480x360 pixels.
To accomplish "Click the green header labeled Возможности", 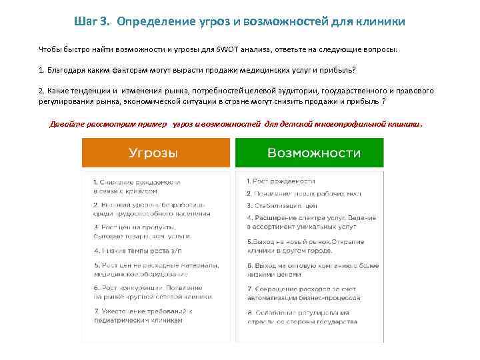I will point(314,153).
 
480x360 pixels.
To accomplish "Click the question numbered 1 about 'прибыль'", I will point(197,70).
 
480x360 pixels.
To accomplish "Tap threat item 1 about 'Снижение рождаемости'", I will point(136,186).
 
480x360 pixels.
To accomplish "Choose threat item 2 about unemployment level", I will point(151,209).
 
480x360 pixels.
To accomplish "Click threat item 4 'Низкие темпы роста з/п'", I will point(139,251).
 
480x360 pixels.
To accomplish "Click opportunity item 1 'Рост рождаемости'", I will point(281,181).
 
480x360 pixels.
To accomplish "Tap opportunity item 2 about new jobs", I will point(303,193).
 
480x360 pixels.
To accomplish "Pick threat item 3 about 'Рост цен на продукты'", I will point(143,231).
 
